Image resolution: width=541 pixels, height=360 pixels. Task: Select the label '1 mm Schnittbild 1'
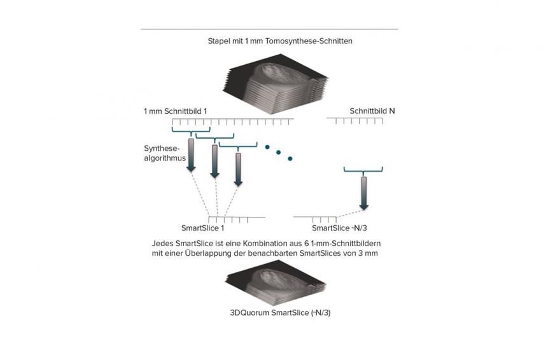point(175,111)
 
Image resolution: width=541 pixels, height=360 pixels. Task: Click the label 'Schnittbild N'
point(372,111)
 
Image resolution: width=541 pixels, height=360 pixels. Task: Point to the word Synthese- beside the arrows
point(162,149)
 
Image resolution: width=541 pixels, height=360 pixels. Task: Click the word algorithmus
point(165,158)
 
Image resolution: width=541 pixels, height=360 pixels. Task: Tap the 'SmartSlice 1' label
point(202,228)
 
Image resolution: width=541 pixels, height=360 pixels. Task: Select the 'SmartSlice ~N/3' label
point(339,228)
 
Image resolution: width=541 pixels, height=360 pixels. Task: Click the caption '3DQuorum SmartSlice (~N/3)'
point(280,313)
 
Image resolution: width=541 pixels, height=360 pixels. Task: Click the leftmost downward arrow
point(191,155)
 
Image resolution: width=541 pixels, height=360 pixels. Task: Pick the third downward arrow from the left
point(238,169)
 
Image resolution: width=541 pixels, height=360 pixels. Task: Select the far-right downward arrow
point(363,193)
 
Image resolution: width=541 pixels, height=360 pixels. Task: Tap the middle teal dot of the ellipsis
point(278,153)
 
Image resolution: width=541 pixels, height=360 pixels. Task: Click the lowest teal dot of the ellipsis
point(290,158)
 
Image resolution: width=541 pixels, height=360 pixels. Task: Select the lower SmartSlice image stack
point(276,283)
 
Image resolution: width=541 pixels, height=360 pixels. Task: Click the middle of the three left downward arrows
point(214,162)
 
